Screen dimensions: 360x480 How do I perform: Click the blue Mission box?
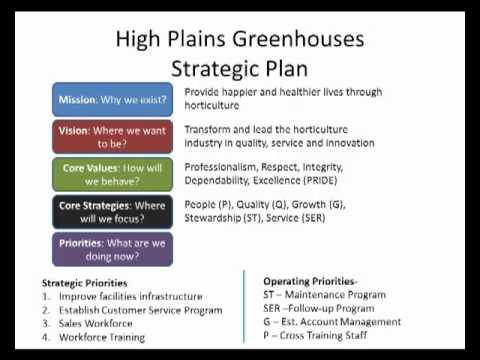(x=112, y=99)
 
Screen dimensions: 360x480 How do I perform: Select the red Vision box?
(x=112, y=137)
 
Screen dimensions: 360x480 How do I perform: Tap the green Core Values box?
(x=112, y=174)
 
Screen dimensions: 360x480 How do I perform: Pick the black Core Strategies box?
(x=112, y=212)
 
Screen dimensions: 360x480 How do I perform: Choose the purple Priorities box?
(x=112, y=249)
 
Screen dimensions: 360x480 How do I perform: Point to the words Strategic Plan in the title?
(x=240, y=69)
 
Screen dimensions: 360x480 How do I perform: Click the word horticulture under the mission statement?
(x=212, y=105)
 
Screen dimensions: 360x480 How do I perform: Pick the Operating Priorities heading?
(x=314, y=282)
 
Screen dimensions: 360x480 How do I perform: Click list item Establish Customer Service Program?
(x=139, y=310)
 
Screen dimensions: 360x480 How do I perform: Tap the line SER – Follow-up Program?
(x=325, y=308)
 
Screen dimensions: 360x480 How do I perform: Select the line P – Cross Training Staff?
(x=324, y=336)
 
